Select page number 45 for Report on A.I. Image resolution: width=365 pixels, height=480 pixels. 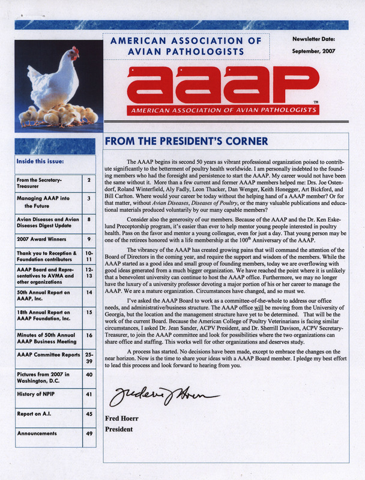pyautogui.click(x=89, y=413)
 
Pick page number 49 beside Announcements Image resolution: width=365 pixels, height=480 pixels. pyautogui.click(x=89, y=433)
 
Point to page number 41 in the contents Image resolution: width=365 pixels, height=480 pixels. pyautogui.click(x=89, y=395)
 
